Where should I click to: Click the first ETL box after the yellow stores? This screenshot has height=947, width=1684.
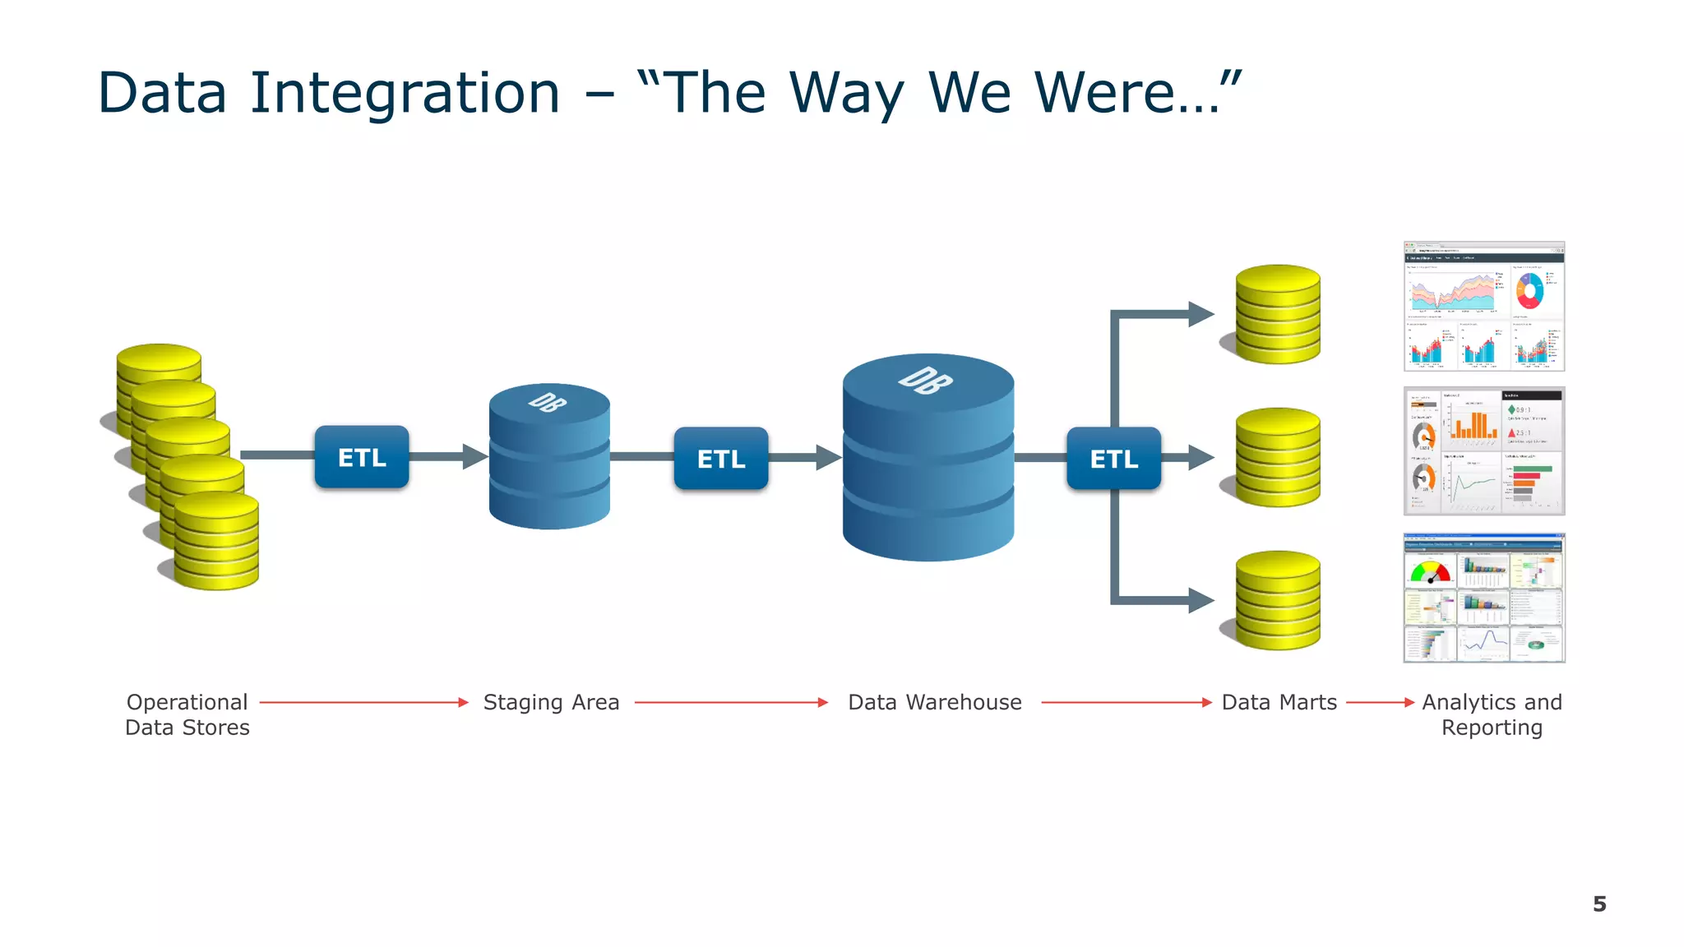(362, 457)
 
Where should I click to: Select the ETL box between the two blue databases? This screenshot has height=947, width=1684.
(721, 458)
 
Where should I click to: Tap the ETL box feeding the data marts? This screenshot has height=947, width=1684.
(1113, 458)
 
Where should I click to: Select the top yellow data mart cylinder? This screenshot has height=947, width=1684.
(1278, 315)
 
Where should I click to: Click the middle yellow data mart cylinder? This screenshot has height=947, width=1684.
(1278, 458)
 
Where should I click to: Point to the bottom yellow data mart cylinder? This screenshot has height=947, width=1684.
(1278, 601)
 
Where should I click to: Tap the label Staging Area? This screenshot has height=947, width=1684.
(551, 702)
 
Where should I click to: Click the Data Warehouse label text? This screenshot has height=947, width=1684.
(935, 702)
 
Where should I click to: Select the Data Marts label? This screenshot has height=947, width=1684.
(1279, 702)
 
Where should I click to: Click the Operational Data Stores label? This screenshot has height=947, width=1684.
(187, 714)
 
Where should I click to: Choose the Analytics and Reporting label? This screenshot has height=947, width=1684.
(1492, 714)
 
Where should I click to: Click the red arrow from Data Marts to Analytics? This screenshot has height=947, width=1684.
(1379, 702)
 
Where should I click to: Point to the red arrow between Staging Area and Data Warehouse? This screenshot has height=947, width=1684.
(731, 702)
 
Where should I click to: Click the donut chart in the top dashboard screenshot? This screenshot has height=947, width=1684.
(1529, 290)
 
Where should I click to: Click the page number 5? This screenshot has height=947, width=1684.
(1599, 904)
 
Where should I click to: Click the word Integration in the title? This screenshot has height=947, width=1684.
(405, 92)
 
